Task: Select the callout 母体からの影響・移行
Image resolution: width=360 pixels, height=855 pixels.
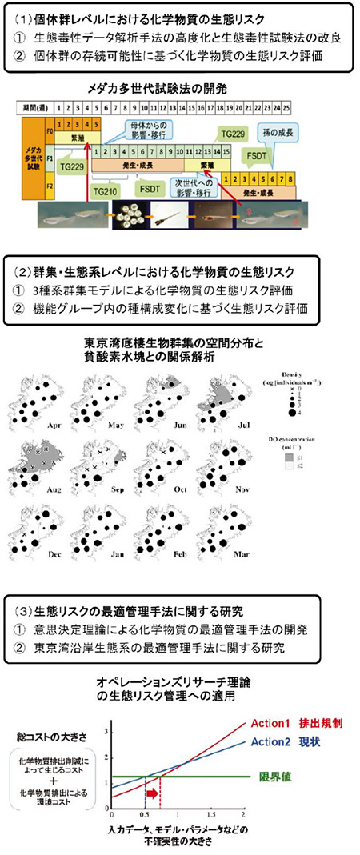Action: [x=140, y=128]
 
